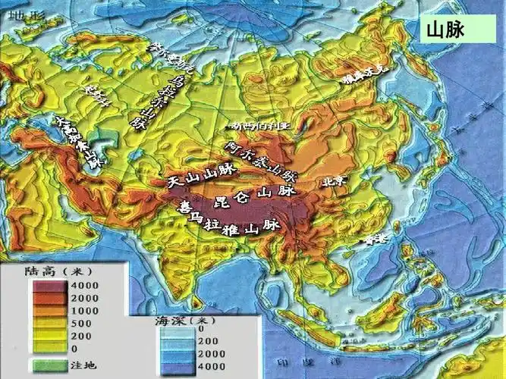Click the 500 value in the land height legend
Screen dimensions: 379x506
pos(76,322)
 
